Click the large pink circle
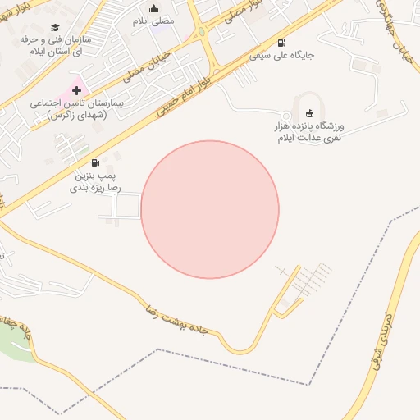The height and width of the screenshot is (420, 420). pos(210,209)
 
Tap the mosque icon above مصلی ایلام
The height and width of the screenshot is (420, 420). pos(153,9)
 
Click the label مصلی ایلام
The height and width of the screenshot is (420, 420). pos(153,21)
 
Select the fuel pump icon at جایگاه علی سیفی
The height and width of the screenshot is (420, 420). pos(282,43)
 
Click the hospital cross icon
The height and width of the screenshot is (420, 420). pos(77,89)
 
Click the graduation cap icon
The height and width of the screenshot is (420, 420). pos(55,25)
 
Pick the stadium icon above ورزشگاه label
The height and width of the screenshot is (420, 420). pos(308,113)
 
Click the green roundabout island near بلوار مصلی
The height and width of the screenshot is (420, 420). pos(201,32)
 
